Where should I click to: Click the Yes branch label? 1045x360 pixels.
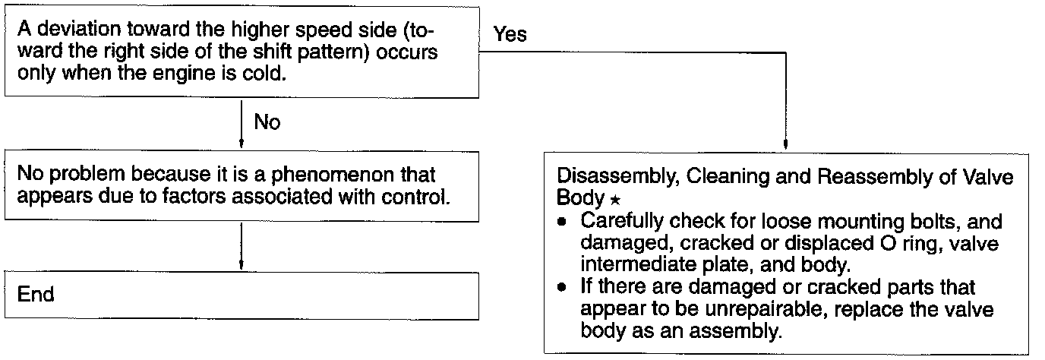[510, 35]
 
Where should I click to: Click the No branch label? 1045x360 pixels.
[267, 122]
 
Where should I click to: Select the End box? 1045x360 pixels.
[242, 295]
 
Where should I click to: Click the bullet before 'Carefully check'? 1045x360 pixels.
[562, 223]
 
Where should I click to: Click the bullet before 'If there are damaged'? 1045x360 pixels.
[562, 289]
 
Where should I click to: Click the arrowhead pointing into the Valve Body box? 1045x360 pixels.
[785, 145]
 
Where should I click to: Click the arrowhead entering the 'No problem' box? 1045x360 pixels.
[241, 142]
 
